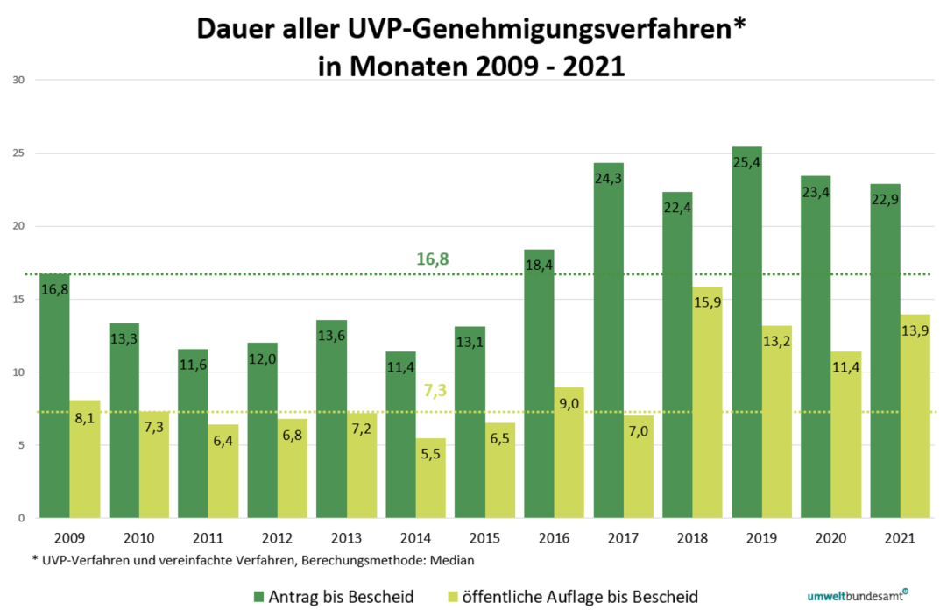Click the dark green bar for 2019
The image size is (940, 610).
coord(746,333)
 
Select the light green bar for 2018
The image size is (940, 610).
coord(707,403)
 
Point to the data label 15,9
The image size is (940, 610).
coord(707,302)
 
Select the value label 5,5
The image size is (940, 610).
coord(431,454)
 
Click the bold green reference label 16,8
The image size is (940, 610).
coord(432,259)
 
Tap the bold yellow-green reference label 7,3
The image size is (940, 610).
coord(435,390)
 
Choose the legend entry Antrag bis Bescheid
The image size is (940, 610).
coord(343,597)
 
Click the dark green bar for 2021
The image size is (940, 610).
coord(885,351)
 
